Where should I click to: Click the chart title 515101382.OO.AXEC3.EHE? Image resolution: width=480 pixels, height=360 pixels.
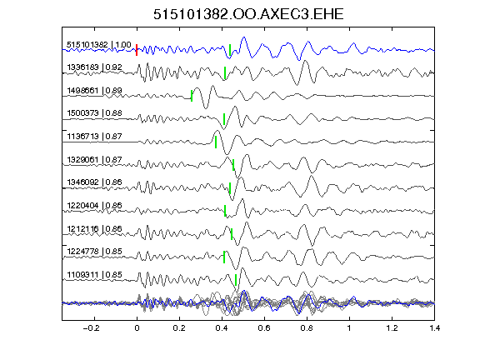pos(248,14)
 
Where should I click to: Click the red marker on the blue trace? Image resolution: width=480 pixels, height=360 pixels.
pos(137,50)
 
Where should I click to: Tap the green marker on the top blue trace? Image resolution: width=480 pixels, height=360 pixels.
pos(230,50)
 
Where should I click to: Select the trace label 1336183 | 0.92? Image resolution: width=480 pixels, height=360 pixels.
pos(95,67)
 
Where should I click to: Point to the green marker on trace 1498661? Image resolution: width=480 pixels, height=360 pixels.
pos(192,96)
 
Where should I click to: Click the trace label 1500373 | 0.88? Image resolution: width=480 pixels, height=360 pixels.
pos(95,113)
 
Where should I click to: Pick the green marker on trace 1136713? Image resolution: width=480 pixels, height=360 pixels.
pos(216,142)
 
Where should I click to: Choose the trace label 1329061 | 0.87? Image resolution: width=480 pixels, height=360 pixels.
pos(95,160)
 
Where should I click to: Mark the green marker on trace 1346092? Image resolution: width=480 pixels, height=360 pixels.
pos(230,188)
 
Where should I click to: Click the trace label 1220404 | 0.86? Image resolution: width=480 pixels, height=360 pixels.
pos(95,205)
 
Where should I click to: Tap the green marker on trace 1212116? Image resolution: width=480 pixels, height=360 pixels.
pos(232,234)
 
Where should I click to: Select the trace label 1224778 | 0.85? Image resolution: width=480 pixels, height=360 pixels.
pos(95,252)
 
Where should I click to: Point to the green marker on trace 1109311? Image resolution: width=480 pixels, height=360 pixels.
pos(236,280)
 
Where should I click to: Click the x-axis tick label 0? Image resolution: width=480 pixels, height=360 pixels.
pos(137,328)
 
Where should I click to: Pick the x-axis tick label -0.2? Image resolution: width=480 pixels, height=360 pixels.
pos(92,328)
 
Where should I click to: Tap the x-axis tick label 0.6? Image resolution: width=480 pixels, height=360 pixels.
pos(264,328)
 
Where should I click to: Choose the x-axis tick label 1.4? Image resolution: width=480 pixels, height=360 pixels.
pos(434,328)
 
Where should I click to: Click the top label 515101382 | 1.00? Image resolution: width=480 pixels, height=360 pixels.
pos(99,45)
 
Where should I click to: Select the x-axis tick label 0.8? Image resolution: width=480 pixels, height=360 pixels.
pos(307,328)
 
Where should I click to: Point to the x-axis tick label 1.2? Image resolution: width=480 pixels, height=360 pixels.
pos(392,328)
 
